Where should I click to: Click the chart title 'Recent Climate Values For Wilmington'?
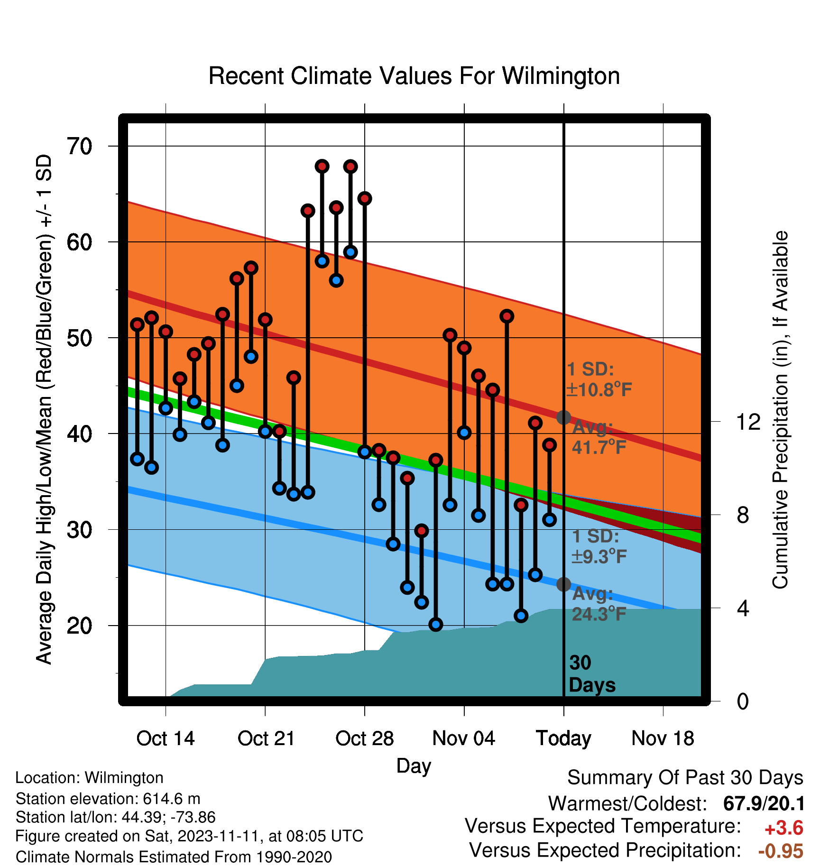(x=414, y=76)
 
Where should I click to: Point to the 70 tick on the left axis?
(x=80, y=146)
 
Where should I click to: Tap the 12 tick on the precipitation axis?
(x=748, y=422)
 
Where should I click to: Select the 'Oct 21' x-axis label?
(x=266, y=738)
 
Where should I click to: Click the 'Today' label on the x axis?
(x=563, y=738)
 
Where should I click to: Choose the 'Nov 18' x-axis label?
(x=663, y=738)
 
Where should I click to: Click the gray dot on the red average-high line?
(x=563, y=417)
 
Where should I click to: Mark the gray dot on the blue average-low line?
(x=563, y=584)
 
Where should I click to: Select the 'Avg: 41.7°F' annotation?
(x=599, y=437)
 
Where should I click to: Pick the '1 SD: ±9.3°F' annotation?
(x=599, y=546)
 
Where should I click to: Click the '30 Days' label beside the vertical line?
(x=592, y=674)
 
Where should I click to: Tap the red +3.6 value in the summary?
(x=784, y=828)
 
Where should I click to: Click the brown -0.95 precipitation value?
(x=781, y=851)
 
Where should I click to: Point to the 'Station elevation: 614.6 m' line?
(x=108, y=799)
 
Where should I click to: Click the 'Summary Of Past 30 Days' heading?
(x=685, y=778)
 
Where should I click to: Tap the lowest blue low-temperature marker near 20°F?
(x=436, y=625)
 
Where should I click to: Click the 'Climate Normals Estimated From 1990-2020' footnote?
(x=174, y=857)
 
